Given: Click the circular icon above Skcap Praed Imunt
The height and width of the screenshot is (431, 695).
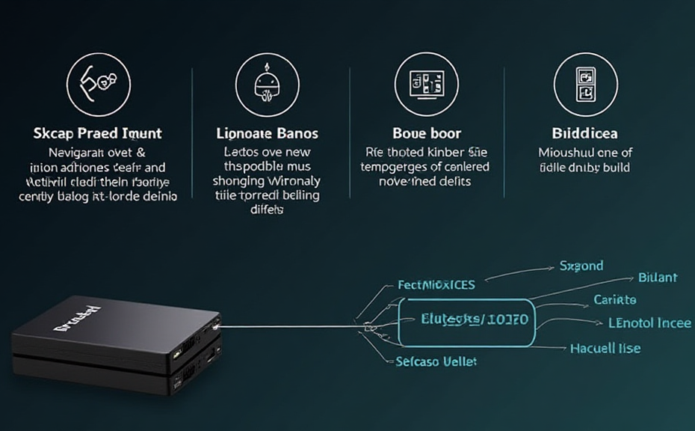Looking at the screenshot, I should [x=99, y=85].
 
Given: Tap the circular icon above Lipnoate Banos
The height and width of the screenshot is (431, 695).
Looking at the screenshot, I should [x=267, y=85].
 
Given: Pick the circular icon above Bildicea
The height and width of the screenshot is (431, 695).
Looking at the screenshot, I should [x=585, y=85].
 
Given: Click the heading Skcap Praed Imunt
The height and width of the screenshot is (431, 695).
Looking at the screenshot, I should [x=98, y=133].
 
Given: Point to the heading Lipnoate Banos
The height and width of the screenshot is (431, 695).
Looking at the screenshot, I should [x=267, y=133].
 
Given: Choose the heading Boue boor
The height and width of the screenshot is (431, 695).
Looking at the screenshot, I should [x=426, y=133].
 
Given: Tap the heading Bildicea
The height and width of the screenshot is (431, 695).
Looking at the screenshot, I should [x=584, y=133].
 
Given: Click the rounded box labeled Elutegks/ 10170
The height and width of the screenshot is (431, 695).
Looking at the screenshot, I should [x=466, y=322].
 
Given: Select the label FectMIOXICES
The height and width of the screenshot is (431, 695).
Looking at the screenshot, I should [x=436, y=285].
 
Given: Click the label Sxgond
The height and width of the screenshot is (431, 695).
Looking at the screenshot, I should [x=581, y=266].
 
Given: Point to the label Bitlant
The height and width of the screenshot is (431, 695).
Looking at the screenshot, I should [x=658, y=278].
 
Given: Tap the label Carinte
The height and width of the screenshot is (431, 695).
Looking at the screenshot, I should [x=615, y=300].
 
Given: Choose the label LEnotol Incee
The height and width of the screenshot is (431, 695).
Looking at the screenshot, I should [x=650, y=323].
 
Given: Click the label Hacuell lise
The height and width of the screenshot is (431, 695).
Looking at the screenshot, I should [x=605, y=349].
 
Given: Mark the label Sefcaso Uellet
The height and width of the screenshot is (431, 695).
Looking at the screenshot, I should [x=436, y=361].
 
